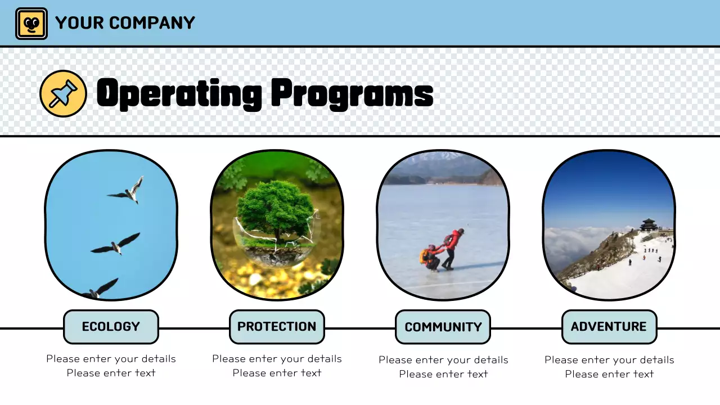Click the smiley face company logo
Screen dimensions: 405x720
(x=31, y=24)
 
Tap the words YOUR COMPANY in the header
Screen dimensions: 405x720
(x=125, y=23)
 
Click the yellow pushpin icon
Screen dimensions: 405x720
(x=63, y=93)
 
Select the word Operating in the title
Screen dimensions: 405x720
(x=179, y=93)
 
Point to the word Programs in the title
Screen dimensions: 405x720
(x=352, y=93)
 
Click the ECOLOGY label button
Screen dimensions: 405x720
(x=111, y=327)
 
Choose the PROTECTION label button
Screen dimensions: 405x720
(x=277, y=327)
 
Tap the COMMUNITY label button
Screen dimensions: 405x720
(x=443, y=327)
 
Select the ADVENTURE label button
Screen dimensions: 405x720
(x=609, y=327)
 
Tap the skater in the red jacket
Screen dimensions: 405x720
(x=452, y=245)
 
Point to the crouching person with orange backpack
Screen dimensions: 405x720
(x=430, y=258)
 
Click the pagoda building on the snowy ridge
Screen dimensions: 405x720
(x=649, y=225)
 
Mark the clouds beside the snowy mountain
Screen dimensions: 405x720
(x=574, y=245)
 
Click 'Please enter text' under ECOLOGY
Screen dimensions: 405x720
(x=111, y=373)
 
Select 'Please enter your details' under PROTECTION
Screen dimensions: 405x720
(x=277, y=359)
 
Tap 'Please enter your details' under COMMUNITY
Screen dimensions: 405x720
(x=443, y=360)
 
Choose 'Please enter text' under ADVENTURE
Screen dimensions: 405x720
(x=609, y=374)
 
